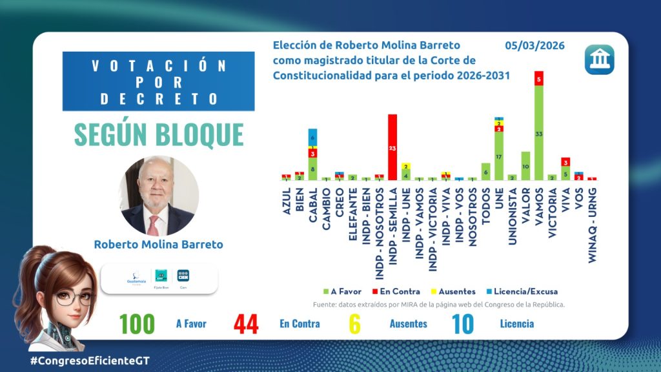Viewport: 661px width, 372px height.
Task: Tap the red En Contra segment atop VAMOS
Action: [538, 78]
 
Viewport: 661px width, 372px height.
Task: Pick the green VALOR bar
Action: [525, 165]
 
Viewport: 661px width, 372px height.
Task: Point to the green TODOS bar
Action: [486, 171]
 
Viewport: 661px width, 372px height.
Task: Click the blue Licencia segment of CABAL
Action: [312, 137]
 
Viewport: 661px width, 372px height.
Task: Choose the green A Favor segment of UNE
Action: [499, 156]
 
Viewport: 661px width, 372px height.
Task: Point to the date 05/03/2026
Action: [534, 46]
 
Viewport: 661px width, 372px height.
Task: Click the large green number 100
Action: [136, 324]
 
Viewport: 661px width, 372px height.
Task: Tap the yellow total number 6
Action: [354, 324]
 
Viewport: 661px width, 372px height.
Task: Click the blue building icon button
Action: [599, 59]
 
